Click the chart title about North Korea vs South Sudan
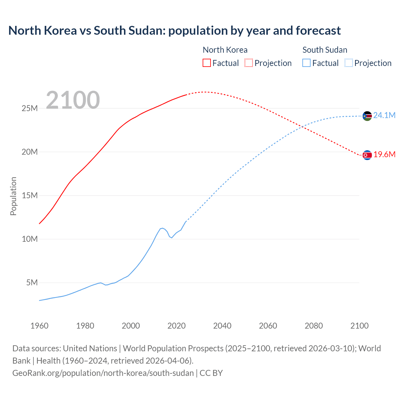coord(174,31)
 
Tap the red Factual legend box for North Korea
coord(206,63)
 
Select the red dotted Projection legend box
coord(249,63)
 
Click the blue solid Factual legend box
coord(306,63)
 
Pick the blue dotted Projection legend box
coord(348,63)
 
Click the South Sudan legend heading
coord(324,50)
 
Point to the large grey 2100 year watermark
coord(73,100)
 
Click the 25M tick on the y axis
coord(30,109)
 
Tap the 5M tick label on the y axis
coord(32,282)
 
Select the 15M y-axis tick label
coord(30,195)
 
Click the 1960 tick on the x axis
coord(39,326)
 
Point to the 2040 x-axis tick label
coord(222,326)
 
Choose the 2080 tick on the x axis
coord(314,326)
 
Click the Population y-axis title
coord(13,196)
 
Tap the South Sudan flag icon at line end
coord(367,116)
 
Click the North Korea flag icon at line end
coord(367,155)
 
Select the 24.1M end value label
coord(384,116)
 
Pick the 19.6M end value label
coord(384,154)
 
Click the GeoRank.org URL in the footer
coord(103,373)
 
